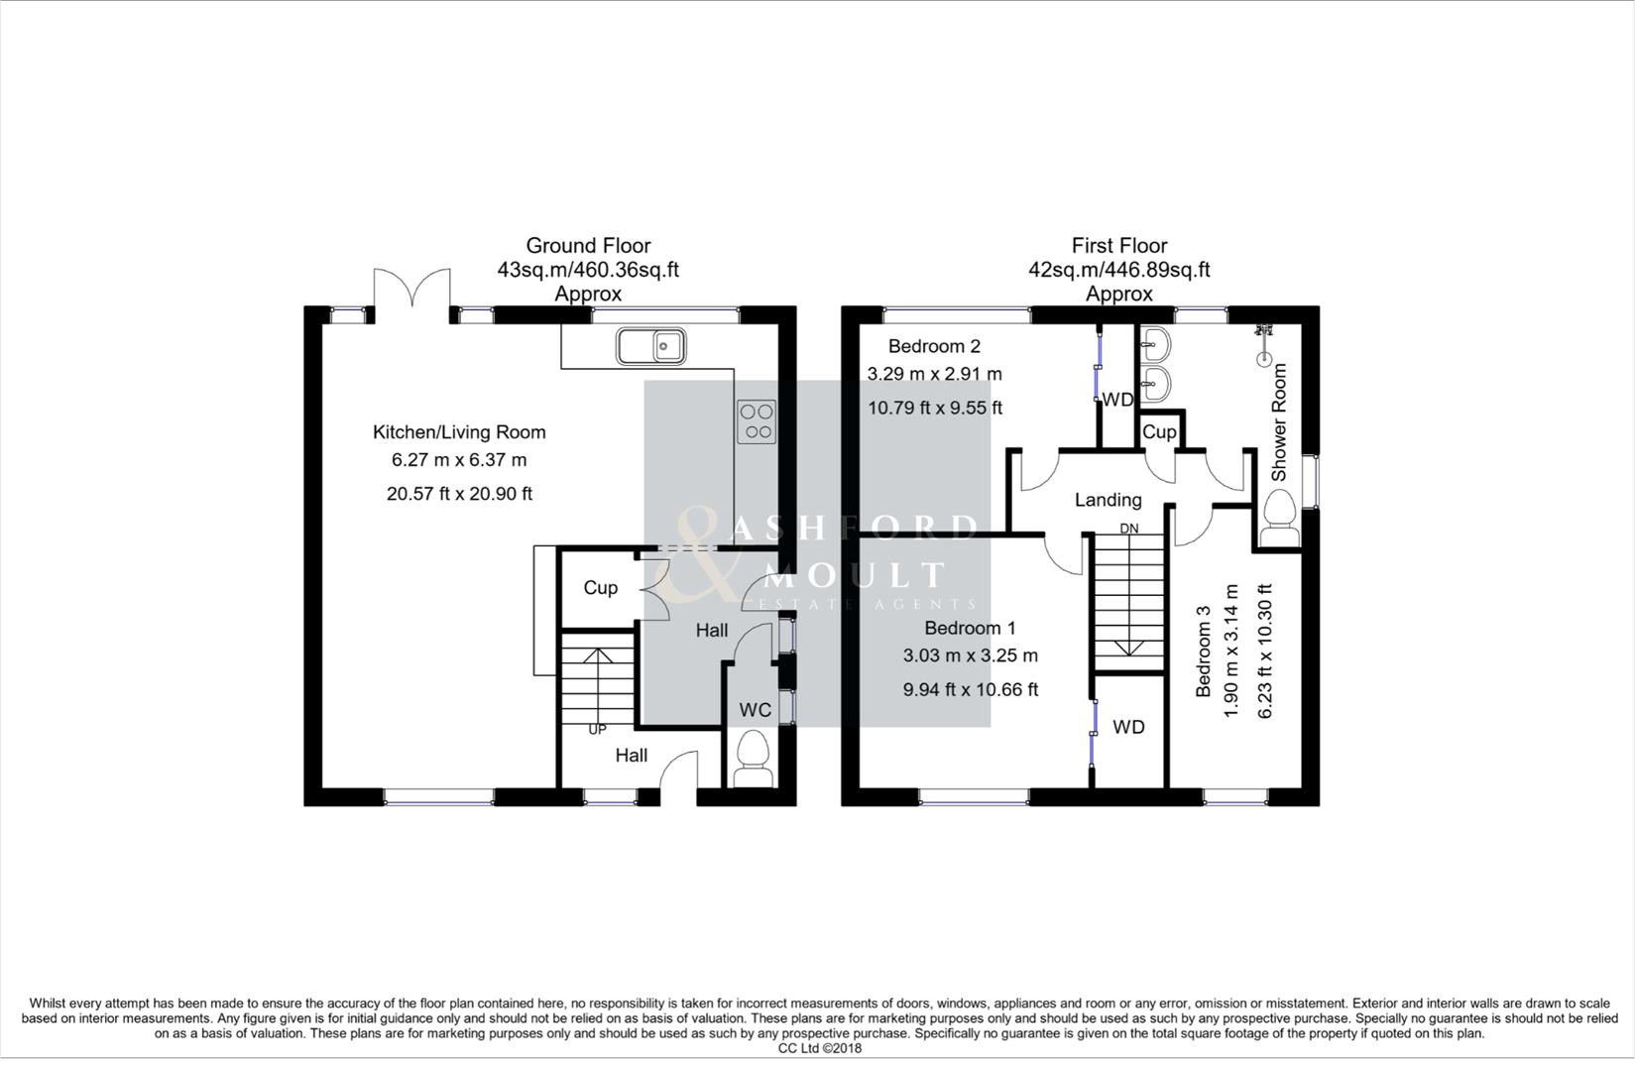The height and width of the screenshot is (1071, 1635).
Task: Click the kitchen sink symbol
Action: click(x=650, y=347)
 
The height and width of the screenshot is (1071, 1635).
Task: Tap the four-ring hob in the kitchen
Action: click(x=757, y=420)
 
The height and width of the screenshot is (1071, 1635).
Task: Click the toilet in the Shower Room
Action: click(x=1279, y=521)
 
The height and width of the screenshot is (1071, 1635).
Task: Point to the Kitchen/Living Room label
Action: click(x=459, y=432)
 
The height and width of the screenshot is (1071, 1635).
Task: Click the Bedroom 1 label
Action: click(x=970, y=628)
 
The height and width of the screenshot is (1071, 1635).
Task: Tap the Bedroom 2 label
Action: click(x=934, y=346)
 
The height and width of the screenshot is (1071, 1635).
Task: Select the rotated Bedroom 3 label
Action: click(x=1204, y=652)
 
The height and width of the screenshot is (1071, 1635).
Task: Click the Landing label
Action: click(x=1108, y=500)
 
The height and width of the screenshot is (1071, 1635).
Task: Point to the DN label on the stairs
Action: click(x=1129, y=529)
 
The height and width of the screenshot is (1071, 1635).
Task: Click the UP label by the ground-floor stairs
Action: click(x=597, y=730)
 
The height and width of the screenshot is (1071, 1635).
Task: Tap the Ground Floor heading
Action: click(x=588, y=245)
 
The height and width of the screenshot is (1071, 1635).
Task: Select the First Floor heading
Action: click(x=1118, y=245)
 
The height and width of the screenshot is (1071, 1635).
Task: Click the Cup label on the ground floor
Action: click(x=600, y=588)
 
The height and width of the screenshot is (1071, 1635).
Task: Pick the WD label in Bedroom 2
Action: click(x=1117, y=400)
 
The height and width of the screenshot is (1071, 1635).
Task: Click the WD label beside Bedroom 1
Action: click(x=1128, y=727)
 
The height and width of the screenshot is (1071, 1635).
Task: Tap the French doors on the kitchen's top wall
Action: click(x=411, y=291)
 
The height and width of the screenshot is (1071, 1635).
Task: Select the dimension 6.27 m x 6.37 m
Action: click(x=459, y=460)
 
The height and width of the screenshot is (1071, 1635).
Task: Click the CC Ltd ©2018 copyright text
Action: click(x=819, y=1048)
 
